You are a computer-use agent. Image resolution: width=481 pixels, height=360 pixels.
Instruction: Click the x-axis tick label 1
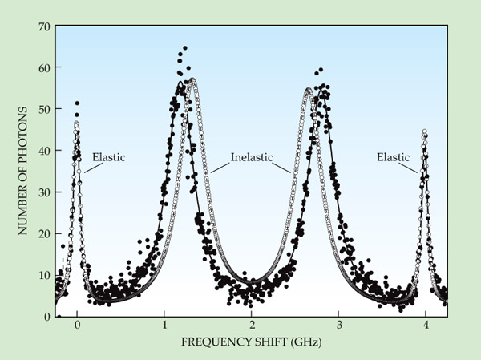coord(164,326)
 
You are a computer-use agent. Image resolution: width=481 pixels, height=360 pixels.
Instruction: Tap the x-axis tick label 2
coord(252,326)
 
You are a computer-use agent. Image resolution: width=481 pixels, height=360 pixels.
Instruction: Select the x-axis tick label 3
coord(339,326)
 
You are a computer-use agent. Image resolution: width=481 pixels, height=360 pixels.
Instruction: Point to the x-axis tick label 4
coord(426,326)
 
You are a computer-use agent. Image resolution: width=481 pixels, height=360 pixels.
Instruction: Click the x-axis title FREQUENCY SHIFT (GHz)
coord(252,343)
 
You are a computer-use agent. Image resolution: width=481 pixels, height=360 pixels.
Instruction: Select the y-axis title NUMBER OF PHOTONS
coord(23,171)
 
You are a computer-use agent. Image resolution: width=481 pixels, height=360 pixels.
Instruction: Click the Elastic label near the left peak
coord(108,157)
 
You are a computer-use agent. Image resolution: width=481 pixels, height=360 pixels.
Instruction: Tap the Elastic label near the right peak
coord(393,157)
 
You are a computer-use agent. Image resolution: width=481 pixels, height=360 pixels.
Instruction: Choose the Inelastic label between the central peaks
coord(252,157)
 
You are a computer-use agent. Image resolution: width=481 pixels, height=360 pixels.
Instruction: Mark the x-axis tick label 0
coord(77,326)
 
